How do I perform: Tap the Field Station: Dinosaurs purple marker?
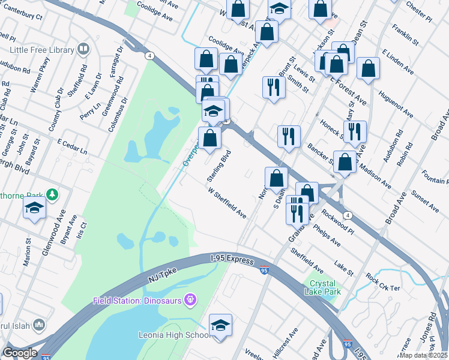[191, 298]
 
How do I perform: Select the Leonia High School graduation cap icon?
[221, 325]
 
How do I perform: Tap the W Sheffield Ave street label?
[227, 204]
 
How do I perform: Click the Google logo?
[20, 353]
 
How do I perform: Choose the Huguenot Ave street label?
[396, 104]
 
